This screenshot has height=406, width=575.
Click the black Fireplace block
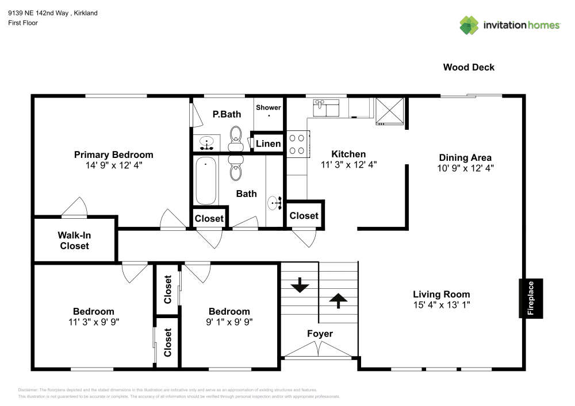[x=531, y=298]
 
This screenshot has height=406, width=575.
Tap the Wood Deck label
[x=469, y=67]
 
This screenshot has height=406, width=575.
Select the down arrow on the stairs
[x=300, y=285]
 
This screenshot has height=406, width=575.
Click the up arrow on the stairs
[x=338, y=300]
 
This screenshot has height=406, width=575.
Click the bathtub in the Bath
[x=206, y=181]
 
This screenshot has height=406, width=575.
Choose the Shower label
[x=269, y=107]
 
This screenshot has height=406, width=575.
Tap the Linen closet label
[x=269, y=144]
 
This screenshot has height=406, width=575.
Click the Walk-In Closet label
[x=75, y=240]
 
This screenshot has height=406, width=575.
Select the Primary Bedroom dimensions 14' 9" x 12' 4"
[x=114, y=165]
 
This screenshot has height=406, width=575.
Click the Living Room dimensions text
[x=442, y=305]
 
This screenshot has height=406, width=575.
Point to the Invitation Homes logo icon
[x=469, y=25]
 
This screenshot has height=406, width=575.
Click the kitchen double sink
[x=326, y=107]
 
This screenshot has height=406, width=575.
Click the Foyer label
[x=320, y=334]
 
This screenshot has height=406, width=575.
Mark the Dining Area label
[x=465, y=157]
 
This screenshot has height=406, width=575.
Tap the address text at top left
[x=52, y=13]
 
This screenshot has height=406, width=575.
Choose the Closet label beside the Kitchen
[x=304, y=215]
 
